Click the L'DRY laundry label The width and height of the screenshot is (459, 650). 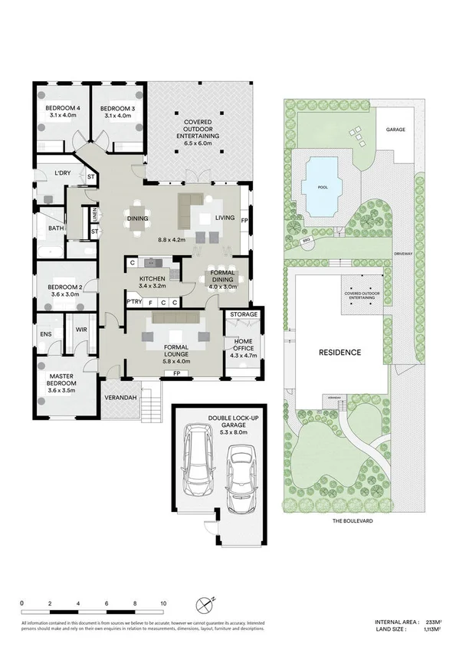61,173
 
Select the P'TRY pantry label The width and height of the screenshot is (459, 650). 134,303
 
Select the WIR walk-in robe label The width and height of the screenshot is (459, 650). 80,330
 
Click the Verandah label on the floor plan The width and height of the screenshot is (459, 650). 120,398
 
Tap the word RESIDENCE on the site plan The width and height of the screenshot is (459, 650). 339,353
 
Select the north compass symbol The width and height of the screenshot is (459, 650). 204,605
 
